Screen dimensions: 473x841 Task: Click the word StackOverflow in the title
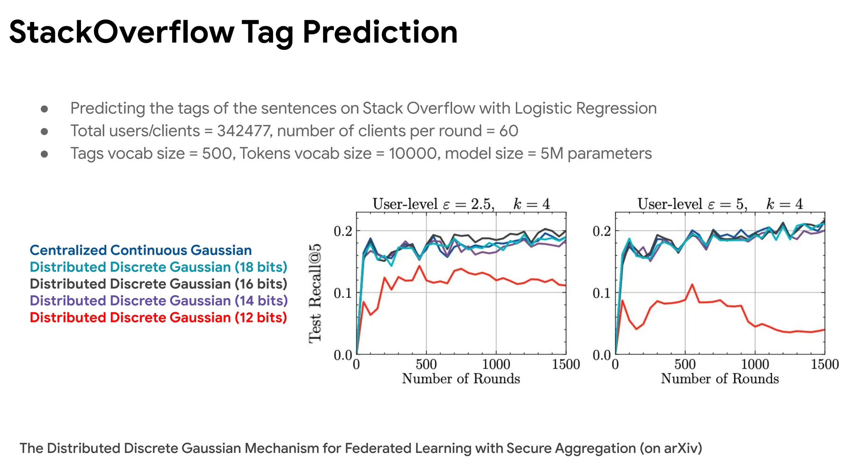122,32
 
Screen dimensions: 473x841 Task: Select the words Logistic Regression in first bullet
585,108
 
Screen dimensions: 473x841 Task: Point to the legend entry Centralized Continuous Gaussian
140,250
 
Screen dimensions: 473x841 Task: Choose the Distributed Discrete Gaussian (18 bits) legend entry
158,267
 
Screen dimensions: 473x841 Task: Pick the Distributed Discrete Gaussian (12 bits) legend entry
158,317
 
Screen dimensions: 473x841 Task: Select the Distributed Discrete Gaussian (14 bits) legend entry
159,301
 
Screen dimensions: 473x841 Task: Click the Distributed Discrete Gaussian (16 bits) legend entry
158,284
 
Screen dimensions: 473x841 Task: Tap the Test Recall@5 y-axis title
315,293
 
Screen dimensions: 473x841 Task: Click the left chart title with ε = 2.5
461,204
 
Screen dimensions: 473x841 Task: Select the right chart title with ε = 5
719,204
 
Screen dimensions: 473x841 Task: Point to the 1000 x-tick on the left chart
496,364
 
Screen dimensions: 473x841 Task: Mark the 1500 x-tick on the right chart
824,364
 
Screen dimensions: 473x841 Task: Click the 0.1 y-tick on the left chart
342,293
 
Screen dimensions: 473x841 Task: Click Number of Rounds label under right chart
719,379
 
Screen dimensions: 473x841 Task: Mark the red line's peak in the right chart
692,284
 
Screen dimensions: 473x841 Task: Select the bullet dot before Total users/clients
44,131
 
